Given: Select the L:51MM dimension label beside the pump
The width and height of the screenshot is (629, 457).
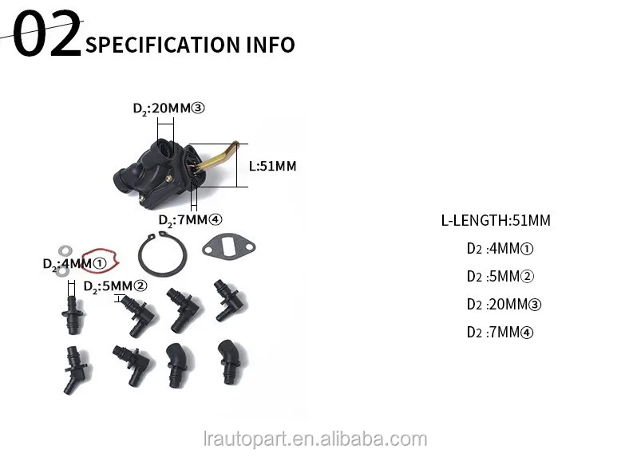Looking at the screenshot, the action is coord(272,167).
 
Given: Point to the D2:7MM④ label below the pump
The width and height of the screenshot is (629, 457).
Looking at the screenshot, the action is coord(190,220).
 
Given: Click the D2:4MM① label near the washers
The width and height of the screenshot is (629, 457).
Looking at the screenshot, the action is coord(74,262).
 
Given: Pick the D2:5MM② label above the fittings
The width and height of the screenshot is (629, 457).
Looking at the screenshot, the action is coord(116,286).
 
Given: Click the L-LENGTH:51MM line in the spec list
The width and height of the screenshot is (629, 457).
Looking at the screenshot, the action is coord(496,221).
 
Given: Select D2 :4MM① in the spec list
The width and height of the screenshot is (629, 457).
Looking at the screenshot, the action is coord(500,249).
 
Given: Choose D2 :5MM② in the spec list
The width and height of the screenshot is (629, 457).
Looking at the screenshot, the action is coord(500,277).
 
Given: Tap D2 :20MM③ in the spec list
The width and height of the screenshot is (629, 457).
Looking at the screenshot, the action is coord(504,304).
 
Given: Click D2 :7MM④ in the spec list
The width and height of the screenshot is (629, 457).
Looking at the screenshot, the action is coord(500,332).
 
